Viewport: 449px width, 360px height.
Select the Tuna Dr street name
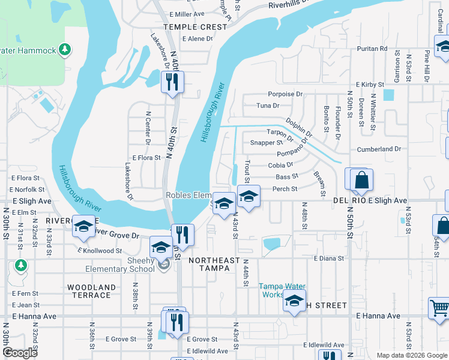click(268, 106)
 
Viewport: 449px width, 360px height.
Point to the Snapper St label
click(267, 143)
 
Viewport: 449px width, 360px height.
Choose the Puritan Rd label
click(372, 48)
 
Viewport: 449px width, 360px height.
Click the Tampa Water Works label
click(282, 290)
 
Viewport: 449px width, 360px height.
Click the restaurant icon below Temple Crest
click(173, 82)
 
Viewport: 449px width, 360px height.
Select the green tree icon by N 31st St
click(21, 265)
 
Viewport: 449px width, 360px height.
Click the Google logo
click(20, 352)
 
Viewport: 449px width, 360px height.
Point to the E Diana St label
click(329, 259)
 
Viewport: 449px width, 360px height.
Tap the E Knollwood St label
click(100, 251)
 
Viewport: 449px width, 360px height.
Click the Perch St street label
click(285, 189)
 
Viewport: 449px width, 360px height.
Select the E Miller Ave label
click(187, 14)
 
